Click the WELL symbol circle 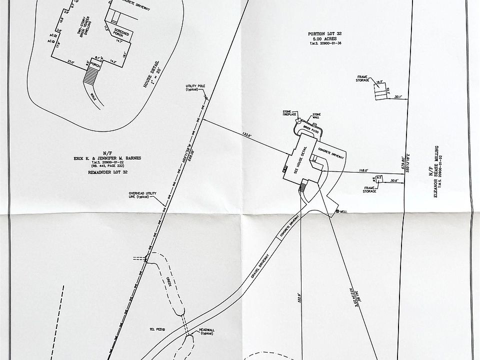pos(337,211)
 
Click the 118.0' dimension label pos(363,170)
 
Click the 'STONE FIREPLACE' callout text pos(290,114)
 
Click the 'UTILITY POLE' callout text pos(195,87)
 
